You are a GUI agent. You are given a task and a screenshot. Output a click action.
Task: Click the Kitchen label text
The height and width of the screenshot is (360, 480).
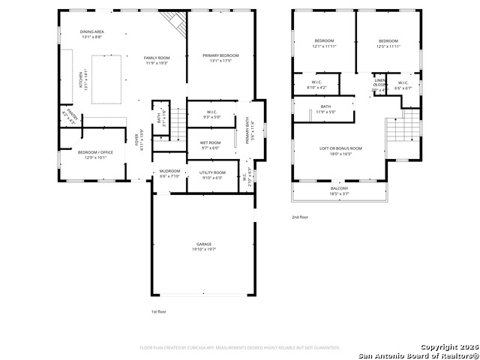pyautogui.click(x=82, y=79)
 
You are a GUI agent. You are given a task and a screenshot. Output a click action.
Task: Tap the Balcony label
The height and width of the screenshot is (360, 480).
pyautogui.click(x=339, y=190)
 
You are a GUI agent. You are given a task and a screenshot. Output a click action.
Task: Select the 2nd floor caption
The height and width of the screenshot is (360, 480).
pyautogui.click(x=300, y=217)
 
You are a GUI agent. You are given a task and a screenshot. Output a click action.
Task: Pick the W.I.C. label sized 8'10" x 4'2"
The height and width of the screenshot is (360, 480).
pyautogui.click(x=316, y=85)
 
